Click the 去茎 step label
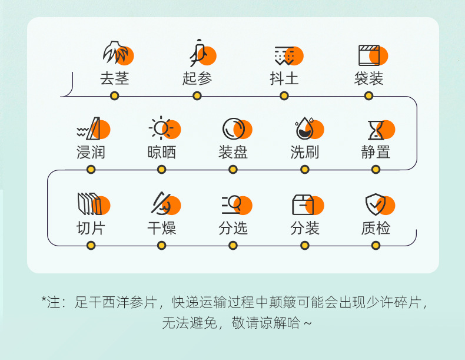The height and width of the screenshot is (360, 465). click(114, 78)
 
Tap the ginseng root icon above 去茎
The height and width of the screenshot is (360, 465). click(117, 54)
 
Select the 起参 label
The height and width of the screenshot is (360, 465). click(197, 78)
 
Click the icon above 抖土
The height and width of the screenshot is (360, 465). click(286, 55)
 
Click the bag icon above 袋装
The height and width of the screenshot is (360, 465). click(371, 55)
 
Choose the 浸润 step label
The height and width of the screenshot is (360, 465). click(91, 152)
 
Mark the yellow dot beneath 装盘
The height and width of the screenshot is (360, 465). click(233, 170)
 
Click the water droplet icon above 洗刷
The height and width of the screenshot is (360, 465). click(307, 128)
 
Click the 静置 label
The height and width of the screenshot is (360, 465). click(376, 152)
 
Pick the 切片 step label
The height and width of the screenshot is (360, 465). click(91, 228)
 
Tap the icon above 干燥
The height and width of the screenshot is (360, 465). click(163, 204)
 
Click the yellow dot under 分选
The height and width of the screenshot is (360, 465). click(233, 245)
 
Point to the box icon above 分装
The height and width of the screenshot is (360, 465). click(305, 204)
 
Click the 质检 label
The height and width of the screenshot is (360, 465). click(376, 228)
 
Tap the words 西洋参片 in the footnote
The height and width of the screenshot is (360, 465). click(129, 302)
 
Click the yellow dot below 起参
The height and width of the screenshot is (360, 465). click(197, 95)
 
